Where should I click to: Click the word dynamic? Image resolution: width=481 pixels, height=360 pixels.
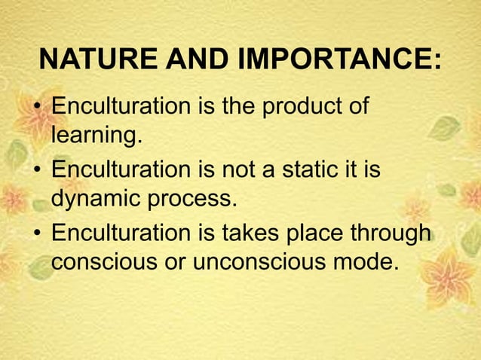97,201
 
